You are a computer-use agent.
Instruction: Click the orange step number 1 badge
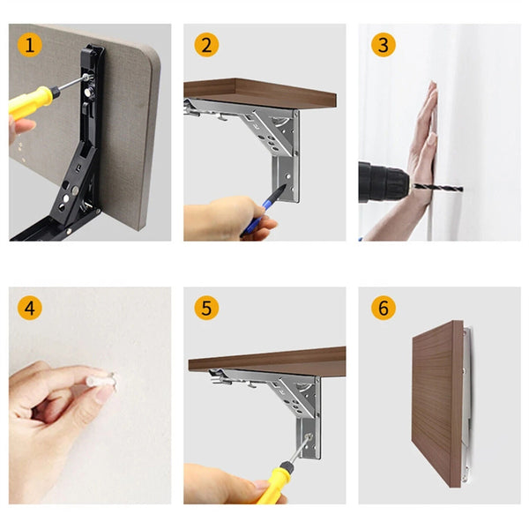(32, 45)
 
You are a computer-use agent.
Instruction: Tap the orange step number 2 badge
(206, 45)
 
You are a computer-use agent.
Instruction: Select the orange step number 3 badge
(382, 45)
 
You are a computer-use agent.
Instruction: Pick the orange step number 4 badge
(32, 309)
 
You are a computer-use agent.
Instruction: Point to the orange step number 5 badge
(206, 309)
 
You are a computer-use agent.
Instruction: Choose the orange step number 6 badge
(382, 309)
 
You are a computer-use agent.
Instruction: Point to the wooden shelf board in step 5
(264, 358)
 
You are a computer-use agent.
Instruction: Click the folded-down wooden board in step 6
(436, 401)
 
